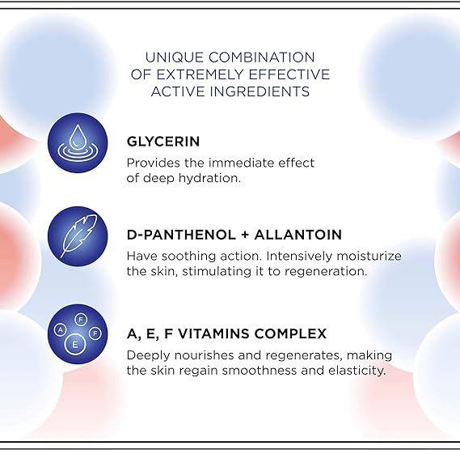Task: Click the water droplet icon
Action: click(78, 142)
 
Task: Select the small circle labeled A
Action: click(60, 330)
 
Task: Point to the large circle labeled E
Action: click(75, 344)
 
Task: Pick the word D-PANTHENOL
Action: click(174, 235)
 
